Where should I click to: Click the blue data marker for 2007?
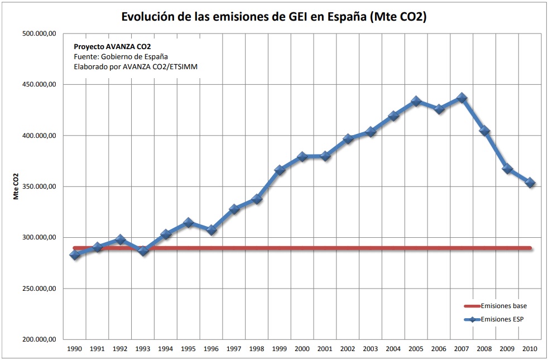[462, 98]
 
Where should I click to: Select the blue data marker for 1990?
[75, 255]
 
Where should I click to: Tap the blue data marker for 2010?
[530, 183]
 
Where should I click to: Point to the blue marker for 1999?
[280, 170]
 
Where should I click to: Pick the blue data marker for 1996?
[211, 230]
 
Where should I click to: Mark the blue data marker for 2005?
[416, 102]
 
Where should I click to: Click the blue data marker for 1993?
[143, 251]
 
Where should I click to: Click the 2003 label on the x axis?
[371, 348]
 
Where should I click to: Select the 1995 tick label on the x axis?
[188, 348]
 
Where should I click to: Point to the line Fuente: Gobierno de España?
[121, 56]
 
